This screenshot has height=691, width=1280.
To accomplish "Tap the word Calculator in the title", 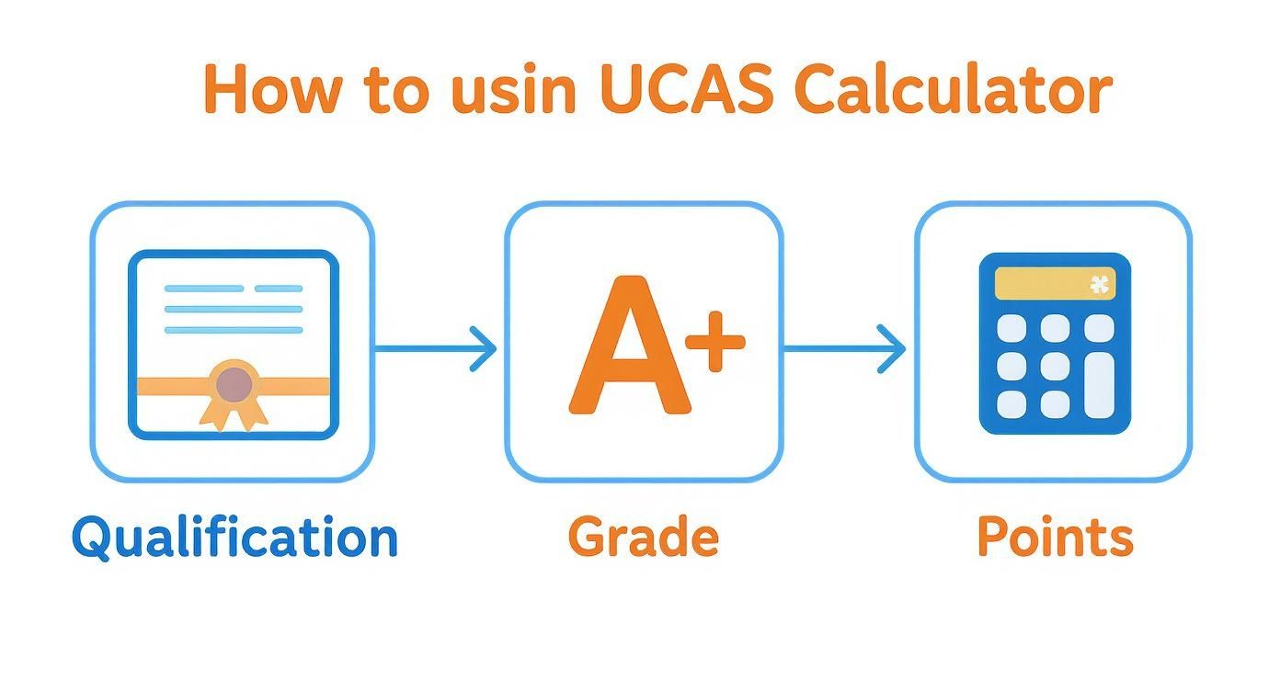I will click(952, 90).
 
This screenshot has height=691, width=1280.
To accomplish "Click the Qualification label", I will click(234, 538).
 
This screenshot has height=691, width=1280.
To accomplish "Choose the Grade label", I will click(643, 538).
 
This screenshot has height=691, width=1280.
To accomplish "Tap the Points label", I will click(1055, 537).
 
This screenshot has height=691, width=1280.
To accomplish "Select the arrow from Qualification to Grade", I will click(438, 349).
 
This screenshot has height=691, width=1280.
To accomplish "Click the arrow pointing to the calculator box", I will click(846, 349).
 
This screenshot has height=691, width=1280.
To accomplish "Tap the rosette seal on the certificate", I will click(234, 386).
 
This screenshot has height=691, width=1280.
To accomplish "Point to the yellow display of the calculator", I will click(1055, 283).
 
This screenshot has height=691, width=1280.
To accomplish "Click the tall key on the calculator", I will click(1099, 386).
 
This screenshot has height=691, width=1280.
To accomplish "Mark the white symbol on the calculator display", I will click(1099, 284).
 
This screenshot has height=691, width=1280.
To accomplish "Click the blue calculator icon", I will click(1055, 344).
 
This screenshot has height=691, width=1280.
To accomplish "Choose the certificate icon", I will click(234, 344).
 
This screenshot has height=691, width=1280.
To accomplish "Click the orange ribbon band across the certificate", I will click(166, 386).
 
